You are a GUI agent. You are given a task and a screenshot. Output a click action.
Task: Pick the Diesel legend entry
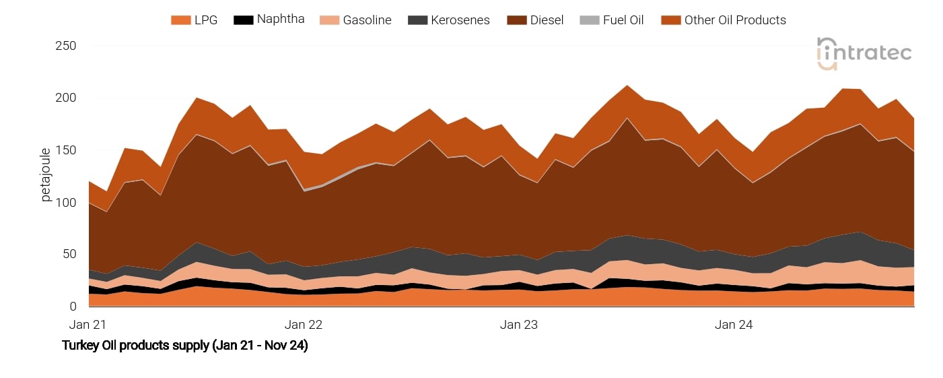click(535, 20)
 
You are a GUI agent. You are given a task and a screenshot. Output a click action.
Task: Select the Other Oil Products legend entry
click(724, 20)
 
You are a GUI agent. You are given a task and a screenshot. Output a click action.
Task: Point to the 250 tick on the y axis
click(65, 46)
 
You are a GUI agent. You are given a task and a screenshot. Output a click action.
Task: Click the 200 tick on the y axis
click(65, 98)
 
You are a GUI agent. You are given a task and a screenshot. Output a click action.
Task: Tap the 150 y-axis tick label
click(65, 150)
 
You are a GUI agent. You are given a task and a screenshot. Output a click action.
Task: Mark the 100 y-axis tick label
click(65, 203)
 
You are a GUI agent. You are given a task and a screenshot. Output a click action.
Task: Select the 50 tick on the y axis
click(69, 255)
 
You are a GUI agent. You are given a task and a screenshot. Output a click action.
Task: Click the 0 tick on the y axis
click(72, 307)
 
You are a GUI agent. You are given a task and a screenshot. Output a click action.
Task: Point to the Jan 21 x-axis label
click(88, 325)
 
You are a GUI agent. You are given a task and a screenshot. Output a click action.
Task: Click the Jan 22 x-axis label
click(304, 325)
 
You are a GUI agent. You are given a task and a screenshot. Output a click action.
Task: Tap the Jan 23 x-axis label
click(519, 325)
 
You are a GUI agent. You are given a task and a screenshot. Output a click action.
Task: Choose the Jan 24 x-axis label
click(734, 325)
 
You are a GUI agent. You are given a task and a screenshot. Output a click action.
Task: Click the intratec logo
click(864, 53)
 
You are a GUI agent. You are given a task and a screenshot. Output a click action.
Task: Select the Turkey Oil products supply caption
click(185, 346)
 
